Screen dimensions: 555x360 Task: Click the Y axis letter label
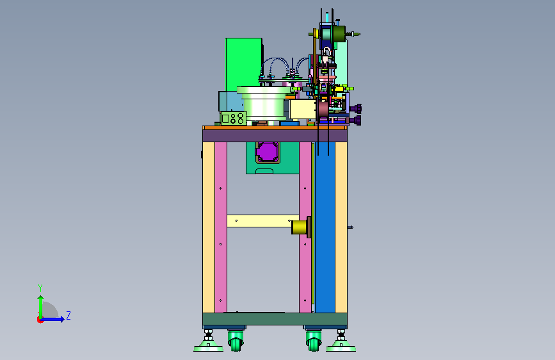(40, 288)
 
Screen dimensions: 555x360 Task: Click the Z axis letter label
(68, 315)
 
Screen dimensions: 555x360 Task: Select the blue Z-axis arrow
(52, 319)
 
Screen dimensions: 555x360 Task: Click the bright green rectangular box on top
(244, 64)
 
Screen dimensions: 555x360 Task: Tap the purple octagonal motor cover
(268, 152)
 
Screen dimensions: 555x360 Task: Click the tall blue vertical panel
(325, 227)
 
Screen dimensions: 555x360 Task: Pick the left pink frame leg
(220, 227)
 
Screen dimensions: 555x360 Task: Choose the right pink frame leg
(305, 227)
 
